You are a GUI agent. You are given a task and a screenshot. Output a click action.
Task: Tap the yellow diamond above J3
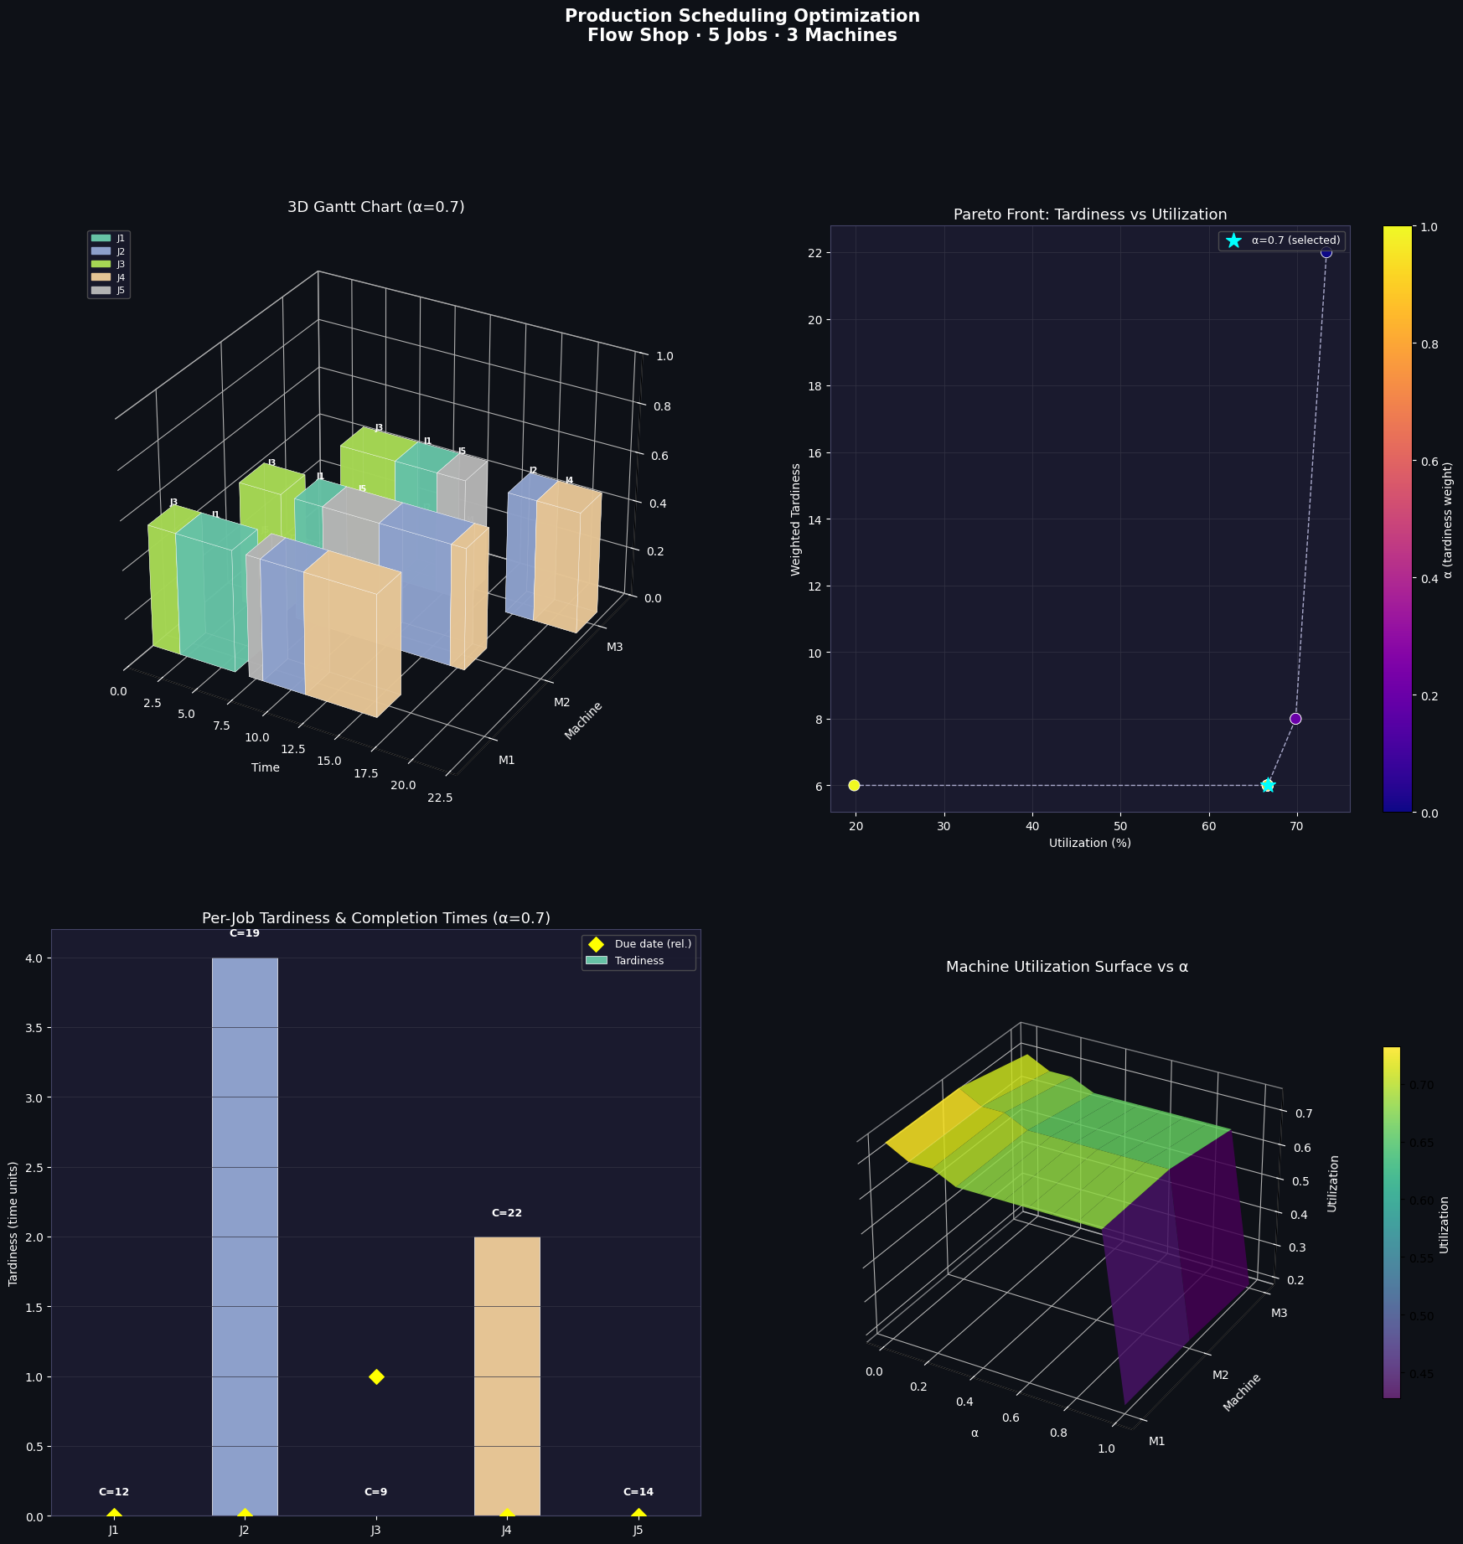click(376, 1376)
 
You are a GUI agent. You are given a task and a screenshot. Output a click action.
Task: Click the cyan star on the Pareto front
click(1267, 785)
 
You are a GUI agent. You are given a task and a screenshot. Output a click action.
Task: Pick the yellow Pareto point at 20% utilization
click(854, 785)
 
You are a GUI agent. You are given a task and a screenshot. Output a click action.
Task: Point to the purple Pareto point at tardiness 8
click(1295, 719)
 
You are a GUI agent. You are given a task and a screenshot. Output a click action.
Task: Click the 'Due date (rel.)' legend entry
click(642, 944)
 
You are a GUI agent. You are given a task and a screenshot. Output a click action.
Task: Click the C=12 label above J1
click(114, 1492)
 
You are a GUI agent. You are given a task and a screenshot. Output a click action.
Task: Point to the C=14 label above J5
click(638, 1492)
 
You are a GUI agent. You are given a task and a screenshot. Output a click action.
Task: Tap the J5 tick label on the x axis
click(638, 1531)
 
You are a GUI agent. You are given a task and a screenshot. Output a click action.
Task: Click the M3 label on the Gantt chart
click(614, 647)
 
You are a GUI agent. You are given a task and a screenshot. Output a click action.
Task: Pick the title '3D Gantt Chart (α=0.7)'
click(375, 207)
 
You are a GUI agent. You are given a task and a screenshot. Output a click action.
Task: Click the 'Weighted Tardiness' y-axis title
click(796, 519)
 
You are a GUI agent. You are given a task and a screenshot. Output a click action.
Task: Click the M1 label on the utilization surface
click(1157, 1441)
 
